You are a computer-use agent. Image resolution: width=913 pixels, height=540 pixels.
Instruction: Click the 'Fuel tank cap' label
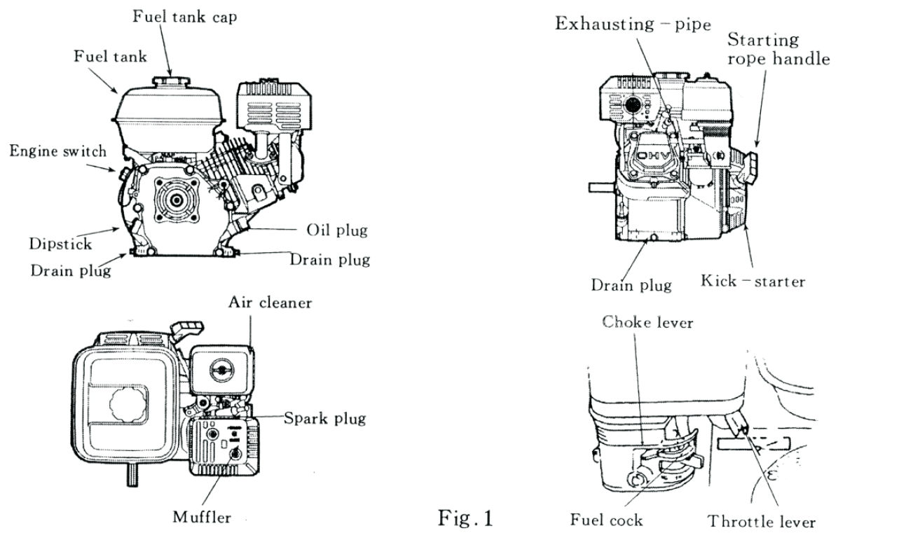(185, 16)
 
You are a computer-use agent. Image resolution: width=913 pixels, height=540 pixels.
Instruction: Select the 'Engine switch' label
(58, 151)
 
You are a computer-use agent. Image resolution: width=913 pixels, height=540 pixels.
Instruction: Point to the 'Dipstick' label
(60, 244)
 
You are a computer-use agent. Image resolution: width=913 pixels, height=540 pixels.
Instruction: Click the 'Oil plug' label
(337, 230)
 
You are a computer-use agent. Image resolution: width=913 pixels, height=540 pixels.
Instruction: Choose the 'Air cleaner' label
(270, 303)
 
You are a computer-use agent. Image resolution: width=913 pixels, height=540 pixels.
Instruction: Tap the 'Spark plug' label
(324, 419)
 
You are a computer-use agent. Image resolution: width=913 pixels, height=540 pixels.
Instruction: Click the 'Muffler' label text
(202, 518)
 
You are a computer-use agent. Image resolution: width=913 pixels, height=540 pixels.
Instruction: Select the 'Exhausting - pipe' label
(633, 24)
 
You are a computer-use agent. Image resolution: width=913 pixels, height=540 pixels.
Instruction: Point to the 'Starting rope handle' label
(778, 49)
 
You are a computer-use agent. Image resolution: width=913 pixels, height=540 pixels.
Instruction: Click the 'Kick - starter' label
(753, 282)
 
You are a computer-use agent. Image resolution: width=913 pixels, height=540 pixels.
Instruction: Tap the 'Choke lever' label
(648, 322)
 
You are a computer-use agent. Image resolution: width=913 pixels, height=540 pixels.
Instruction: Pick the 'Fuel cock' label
(606, 520)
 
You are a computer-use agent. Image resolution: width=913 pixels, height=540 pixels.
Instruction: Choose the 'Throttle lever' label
(762, 522)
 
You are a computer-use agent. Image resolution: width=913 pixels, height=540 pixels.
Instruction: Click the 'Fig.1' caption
(466, 519)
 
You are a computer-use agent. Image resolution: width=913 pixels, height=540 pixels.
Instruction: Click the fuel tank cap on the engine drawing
(171, 75)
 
